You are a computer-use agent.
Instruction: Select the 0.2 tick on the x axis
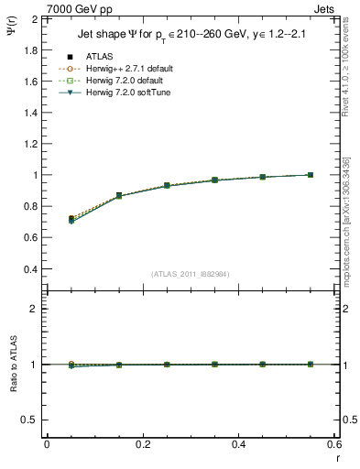pyautogui.click(x=142, y=444)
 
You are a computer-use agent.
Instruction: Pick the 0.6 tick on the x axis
pyautogui.click(x=333, y=444)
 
